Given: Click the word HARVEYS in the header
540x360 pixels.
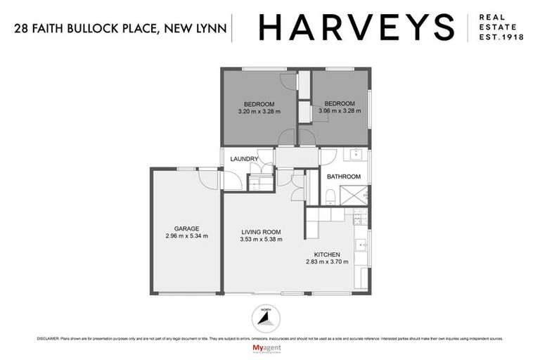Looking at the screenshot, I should click(356, 27).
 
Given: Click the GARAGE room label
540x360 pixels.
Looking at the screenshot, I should click(187, 229).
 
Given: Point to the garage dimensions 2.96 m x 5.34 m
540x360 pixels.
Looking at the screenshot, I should click(187, 237).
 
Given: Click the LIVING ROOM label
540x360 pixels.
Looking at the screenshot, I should click(261, 231).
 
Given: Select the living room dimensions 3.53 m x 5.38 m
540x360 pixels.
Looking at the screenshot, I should click(261, 240).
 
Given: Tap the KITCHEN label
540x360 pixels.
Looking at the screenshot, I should click(327, 254).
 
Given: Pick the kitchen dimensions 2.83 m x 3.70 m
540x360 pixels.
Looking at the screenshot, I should click(327, 262).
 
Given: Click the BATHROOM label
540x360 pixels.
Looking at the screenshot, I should click(344, 176).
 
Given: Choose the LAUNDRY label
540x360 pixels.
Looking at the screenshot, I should click(244, 160).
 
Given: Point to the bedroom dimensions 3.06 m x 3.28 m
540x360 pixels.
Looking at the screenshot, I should click(340, 111).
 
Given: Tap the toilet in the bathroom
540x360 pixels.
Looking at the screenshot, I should click(329, 195).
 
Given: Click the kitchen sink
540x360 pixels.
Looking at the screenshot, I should click(360, 245).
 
